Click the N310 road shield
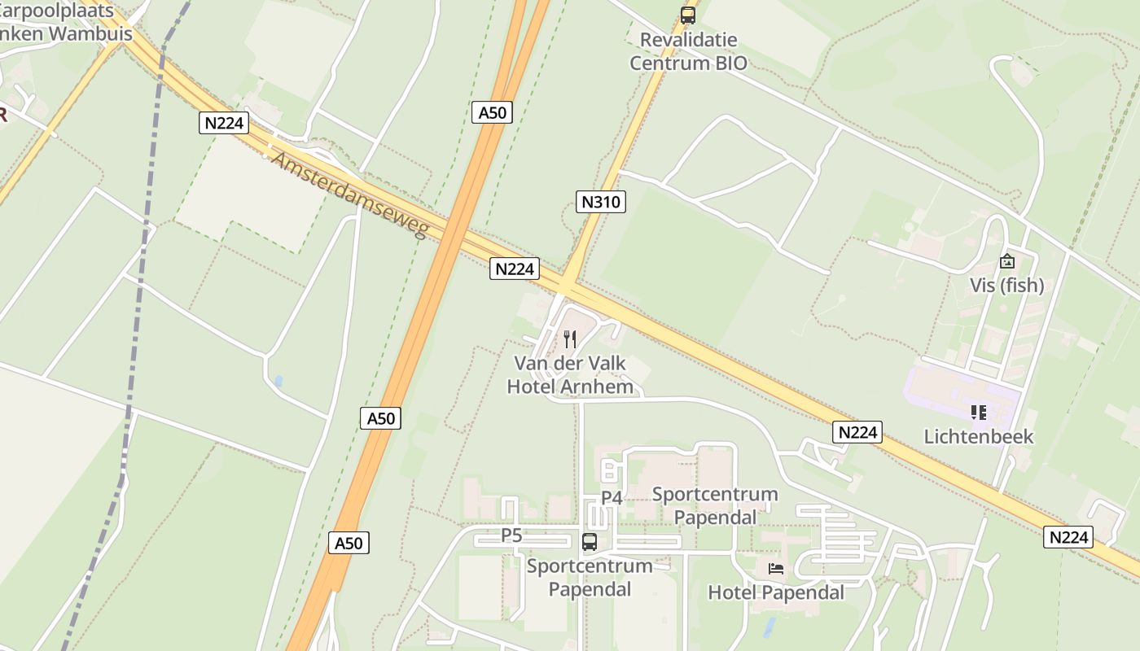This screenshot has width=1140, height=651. [x=601, y=202]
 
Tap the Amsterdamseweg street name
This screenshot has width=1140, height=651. [x=350, y=195]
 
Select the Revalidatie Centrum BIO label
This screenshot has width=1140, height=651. [x=688, y=51]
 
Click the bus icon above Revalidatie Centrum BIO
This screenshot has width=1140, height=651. [x=688, y=15]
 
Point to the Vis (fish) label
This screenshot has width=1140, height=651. [x=1006, y=286]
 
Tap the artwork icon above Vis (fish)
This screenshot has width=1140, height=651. [x=1007, y=261]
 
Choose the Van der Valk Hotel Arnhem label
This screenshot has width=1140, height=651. [x=570, y=374]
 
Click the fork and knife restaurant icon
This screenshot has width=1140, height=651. [x=570, y=339]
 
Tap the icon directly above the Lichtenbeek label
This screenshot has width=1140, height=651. [x=979, y=413]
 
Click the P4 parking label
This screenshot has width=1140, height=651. [x=612, y=497]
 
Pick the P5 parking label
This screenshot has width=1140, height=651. [x=511, y=535]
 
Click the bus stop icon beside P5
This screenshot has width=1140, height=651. [x=590, y=541]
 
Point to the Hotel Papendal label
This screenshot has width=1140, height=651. [x=776, y=592]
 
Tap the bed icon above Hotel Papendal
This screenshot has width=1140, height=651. [x=776, y=568]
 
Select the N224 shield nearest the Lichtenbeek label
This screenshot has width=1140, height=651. [x=857, y=432]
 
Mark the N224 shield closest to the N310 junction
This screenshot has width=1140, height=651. [x=515, y=269]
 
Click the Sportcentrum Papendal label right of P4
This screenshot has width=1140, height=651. [x=715, y=505]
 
